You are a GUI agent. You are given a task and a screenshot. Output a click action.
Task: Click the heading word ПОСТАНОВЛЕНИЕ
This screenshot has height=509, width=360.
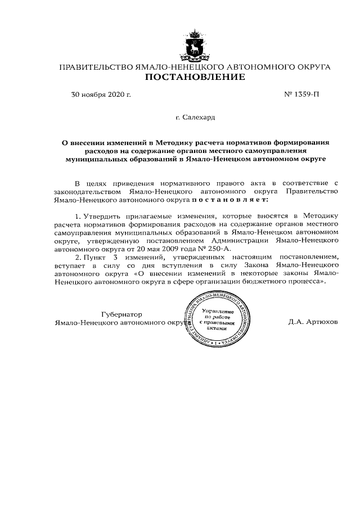pos(195,77)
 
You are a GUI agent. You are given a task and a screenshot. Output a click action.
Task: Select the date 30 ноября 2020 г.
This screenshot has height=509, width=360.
pos(101,94)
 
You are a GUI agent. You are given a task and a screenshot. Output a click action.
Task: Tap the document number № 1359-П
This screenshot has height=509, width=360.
pos(302,94)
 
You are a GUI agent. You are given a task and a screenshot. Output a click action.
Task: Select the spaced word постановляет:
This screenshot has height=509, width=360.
pos(230,199)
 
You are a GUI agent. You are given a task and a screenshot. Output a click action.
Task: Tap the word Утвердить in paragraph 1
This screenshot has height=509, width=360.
pos(104,216)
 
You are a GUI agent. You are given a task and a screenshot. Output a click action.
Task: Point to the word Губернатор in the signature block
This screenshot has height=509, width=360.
pos(121,314)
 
